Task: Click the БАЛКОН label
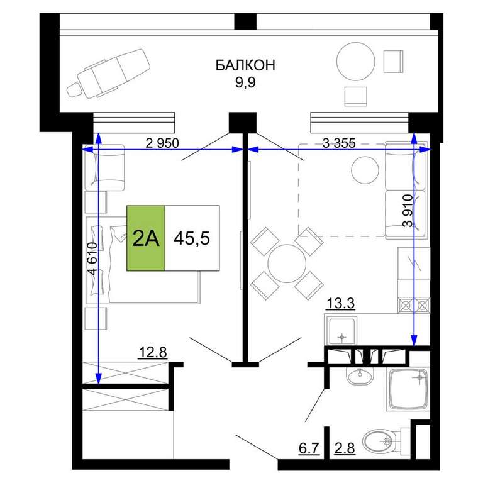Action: pos(245,65)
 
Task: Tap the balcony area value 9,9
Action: pos(245,82)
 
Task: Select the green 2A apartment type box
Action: pos(146,238)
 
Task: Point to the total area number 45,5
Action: pos(192,238)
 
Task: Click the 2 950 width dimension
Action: pos(162,143)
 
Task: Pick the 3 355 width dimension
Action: pos(339,143)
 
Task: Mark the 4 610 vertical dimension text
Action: pos(92,258)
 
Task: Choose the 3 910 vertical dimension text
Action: pos(408,211)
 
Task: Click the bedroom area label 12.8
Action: pos(153,352)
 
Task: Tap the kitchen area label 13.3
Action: pos(340,303)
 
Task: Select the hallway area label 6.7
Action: pos(309,448)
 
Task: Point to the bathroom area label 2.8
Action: pos(345,448)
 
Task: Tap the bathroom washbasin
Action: pos(360,375)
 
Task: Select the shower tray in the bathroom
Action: pos(408,389)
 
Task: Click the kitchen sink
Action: pos(341,331)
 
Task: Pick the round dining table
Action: pos(287,264)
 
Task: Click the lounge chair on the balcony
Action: pos(109,75)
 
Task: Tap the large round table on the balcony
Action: pos(356,61)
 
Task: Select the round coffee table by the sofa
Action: pos(365,170)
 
